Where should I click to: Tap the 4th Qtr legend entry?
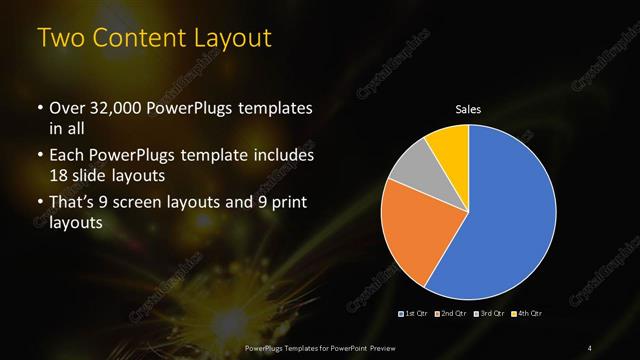(526, 315)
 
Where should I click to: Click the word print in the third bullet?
(287, 203)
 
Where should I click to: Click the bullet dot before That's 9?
(40, 203)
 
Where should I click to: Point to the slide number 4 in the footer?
(590, 347)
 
